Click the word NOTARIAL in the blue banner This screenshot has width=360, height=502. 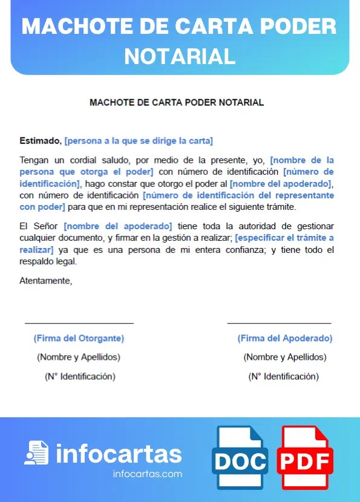180,56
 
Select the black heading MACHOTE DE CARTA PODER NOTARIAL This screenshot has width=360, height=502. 177,102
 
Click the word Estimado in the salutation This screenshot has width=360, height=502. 40,141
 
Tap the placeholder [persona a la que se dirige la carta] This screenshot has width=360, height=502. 139,141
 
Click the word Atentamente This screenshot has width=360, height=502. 46,281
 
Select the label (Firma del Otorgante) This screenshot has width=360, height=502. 79,339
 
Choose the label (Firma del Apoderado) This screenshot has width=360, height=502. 285,339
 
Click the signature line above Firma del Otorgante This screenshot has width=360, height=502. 79,324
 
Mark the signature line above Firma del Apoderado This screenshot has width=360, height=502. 279,324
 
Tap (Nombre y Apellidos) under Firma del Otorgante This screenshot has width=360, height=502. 79,357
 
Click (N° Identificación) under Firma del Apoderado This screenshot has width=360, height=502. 284,376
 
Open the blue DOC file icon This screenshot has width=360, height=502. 240,458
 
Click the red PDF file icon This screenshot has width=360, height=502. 306,458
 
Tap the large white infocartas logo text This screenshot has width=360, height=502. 119,454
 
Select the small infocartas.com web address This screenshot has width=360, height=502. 148,474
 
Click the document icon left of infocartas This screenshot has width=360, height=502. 36,453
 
